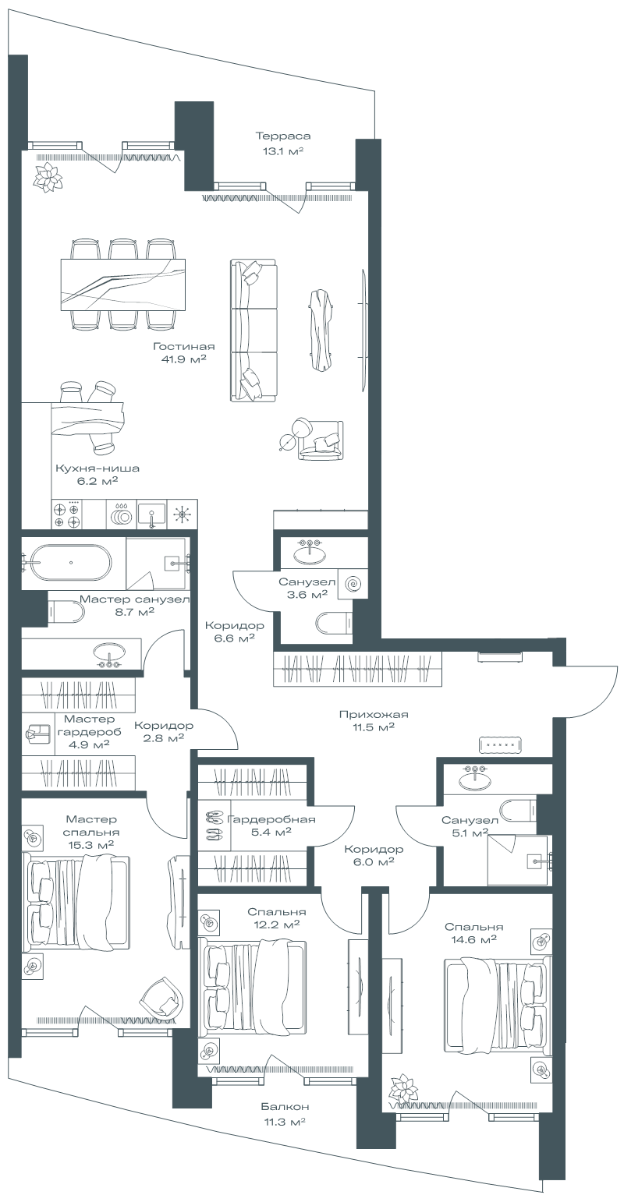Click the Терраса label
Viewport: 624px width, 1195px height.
tap(282, 136)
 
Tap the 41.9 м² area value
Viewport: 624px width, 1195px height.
tap(183, 359)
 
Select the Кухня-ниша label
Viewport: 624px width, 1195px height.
tap(97, 468)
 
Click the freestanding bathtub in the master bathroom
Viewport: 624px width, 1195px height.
tap(71, 562)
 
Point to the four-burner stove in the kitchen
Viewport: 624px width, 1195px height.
tap(67, 514)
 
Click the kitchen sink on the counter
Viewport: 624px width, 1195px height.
tap(152, 514)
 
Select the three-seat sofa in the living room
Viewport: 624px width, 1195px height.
tap(254, 331)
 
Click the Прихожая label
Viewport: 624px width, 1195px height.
tap(374, 714)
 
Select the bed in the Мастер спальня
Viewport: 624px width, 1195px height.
tap(76, 902)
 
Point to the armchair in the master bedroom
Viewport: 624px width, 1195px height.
tap(162, 997)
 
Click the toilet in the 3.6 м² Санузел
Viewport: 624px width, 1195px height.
tap(334, 622)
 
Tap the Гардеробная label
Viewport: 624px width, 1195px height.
tap(271, 819)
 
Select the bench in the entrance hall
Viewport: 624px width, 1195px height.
tap(500, 744)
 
